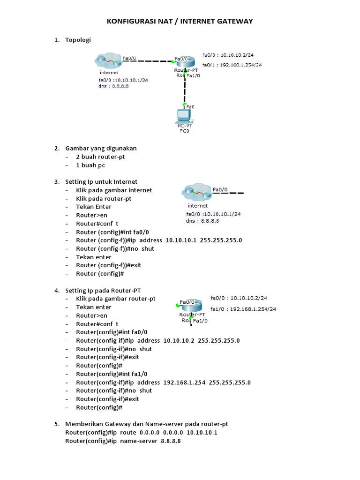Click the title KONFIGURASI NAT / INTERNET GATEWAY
coord(180,21)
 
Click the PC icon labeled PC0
coord(184,117)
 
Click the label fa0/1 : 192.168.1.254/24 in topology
coord(232,65)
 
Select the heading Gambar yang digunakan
coord(101,148)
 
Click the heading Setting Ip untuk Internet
coord(101,181)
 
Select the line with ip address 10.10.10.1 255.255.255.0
coord(159,240)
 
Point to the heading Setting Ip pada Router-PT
coord(103,290)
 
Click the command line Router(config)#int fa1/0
coord(112,374)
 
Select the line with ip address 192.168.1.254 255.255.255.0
coord(163,382)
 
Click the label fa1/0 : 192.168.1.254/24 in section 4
coord(243,309)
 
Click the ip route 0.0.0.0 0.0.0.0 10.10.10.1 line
coord(141,432)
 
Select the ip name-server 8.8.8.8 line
coord(123,441)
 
